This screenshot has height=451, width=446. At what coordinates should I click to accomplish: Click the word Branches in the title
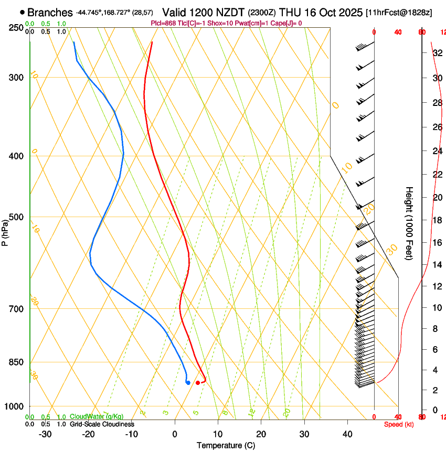point(50,12)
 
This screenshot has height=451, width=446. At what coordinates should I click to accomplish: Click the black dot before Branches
point(22,12)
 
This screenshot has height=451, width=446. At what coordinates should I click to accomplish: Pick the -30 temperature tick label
point(45,434)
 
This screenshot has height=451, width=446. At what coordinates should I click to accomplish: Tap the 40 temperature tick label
point(347,434)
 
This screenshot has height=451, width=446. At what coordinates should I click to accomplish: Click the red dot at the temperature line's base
point(198,383)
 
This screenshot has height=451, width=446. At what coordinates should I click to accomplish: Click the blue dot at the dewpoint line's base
point(188,382)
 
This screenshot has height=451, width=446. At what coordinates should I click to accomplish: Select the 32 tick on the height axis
point(436,52)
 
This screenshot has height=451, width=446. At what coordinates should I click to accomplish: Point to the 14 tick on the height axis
point(436,265)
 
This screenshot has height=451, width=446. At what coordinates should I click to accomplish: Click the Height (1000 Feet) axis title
point(410,223)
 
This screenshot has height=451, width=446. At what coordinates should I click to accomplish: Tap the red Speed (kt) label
point(398,424)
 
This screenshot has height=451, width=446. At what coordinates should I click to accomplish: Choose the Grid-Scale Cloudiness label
point(102,424)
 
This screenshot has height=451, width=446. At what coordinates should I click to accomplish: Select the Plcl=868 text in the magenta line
point(163,23)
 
